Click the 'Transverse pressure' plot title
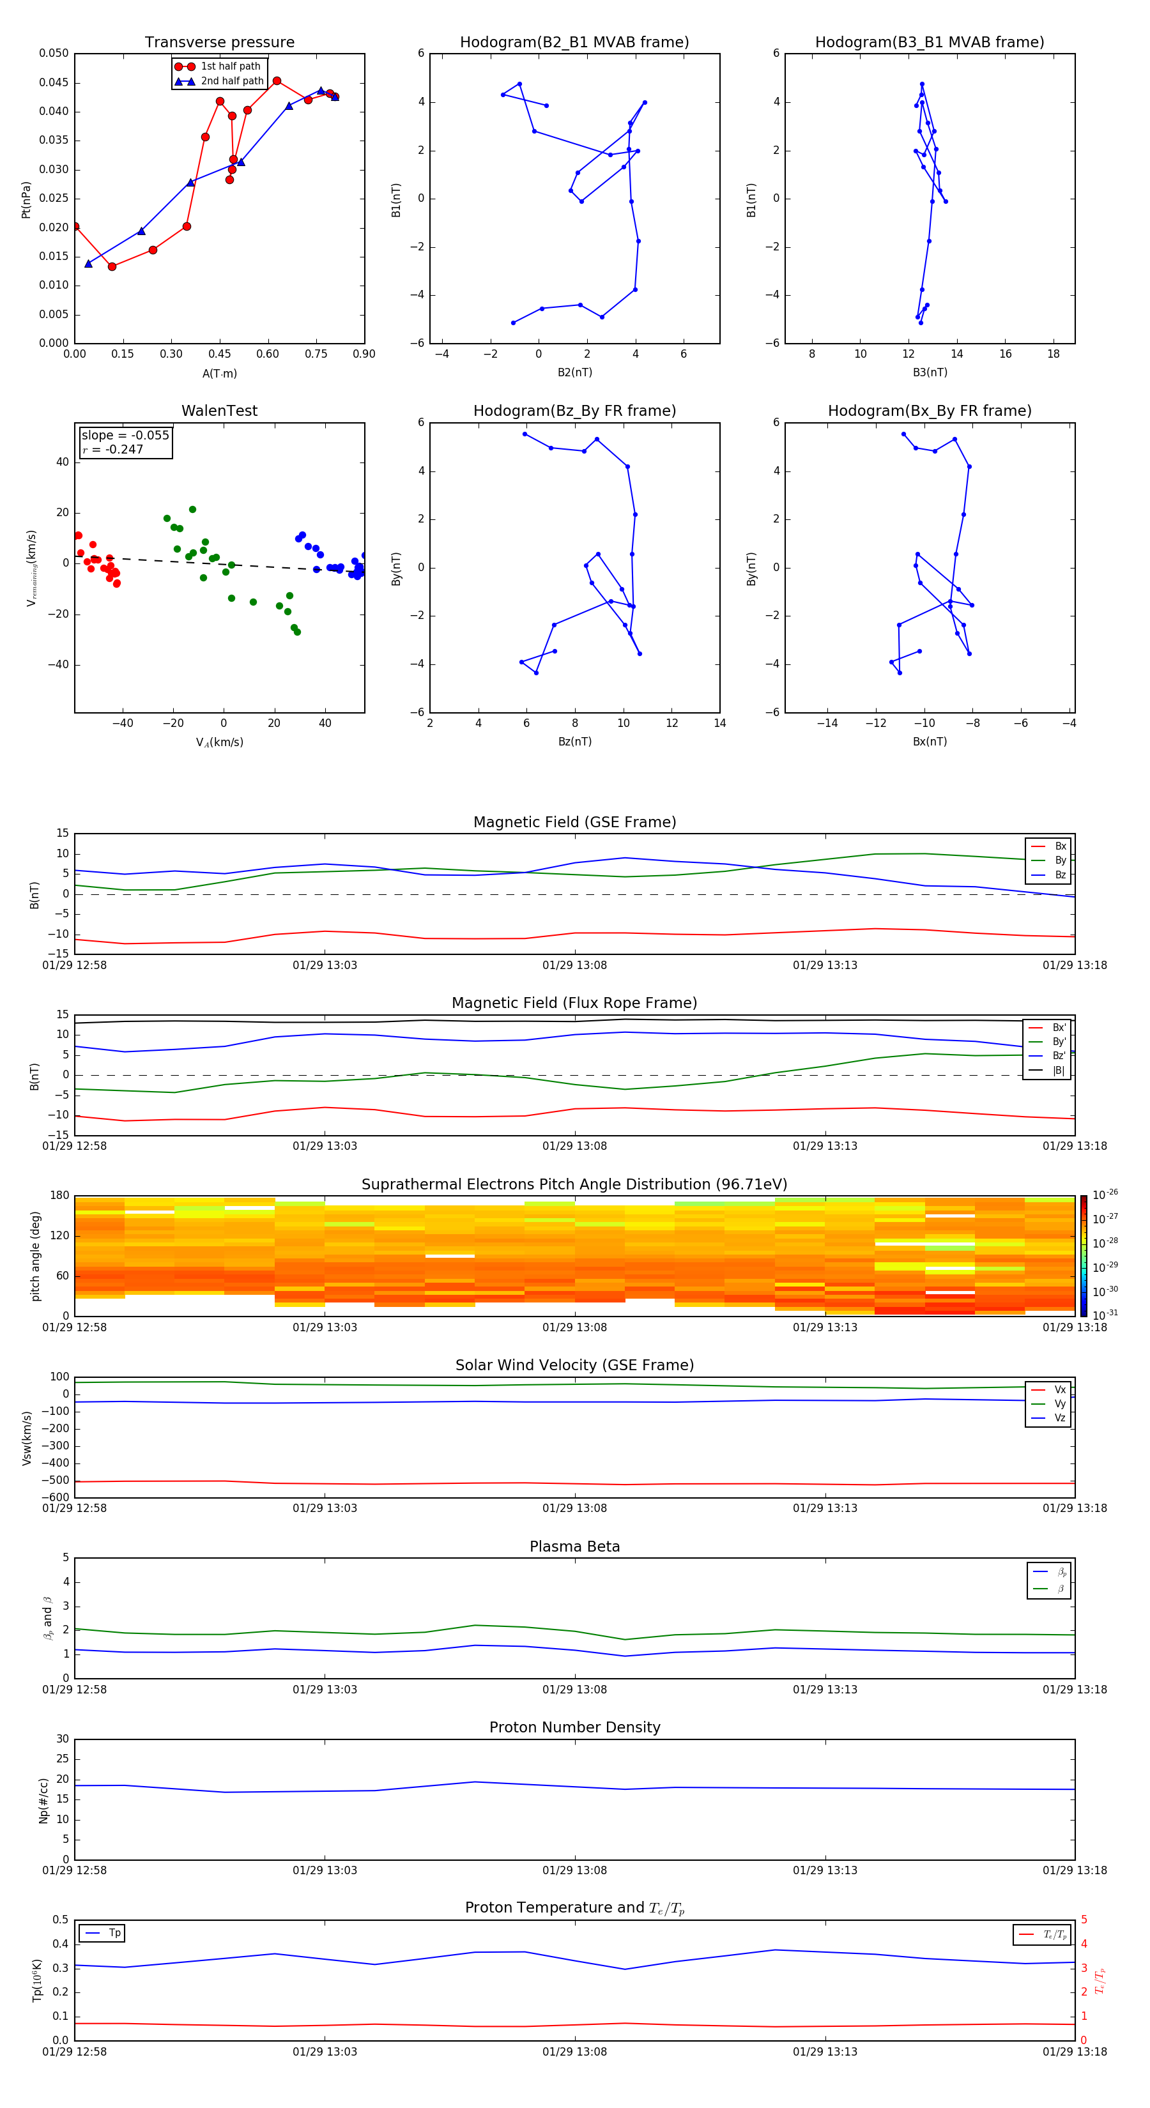click(x=219, y=43)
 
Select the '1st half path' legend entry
click(x=230, y=66)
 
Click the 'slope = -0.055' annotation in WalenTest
click(x=125, y=436)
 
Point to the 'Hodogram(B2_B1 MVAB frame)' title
click(x=574, y=43)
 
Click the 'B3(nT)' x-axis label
click(x=930, y=372)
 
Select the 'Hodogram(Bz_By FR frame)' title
click(x=574, y=411)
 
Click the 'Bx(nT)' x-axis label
click(x=930, y=742)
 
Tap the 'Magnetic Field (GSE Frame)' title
click(x=574, y=821)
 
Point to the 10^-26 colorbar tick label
click(x=1105, y=1195)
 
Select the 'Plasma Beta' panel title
click(x=574, y=1547)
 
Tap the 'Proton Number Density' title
click(x=574, y=1727)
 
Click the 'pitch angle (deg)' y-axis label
click(x=35, y=1256)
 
